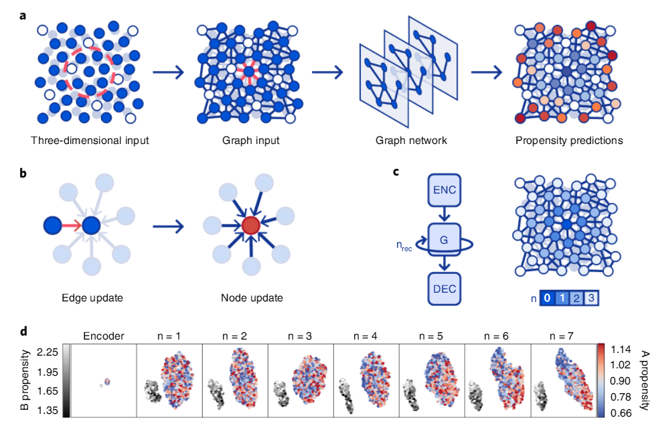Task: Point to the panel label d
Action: click(x=24, y=330)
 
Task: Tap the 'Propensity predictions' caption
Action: click(x=569, y=141)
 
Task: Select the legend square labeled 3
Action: click(x=590, y=297)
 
